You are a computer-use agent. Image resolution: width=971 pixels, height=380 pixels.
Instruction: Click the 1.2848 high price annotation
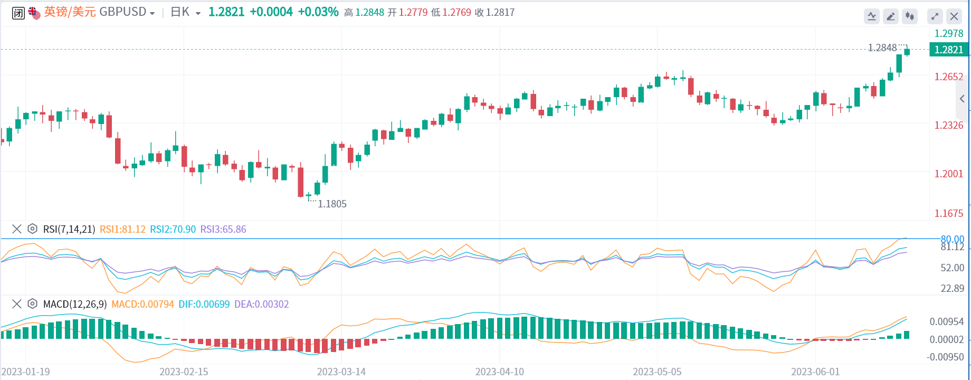(x=882, y=48)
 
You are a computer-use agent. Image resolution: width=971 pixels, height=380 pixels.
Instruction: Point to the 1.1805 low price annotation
(x=332, y=204)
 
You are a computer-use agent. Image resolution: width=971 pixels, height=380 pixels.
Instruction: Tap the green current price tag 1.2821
(x=948, y=50)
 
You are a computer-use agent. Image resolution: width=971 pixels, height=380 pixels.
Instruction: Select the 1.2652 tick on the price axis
(x=948, y=77)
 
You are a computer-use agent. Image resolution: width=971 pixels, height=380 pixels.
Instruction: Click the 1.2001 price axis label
(x=948, y=174)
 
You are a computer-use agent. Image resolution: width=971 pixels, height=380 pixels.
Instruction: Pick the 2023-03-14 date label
(x=341, y=372)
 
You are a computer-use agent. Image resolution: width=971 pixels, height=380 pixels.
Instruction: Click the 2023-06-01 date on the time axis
(x=815, y=372)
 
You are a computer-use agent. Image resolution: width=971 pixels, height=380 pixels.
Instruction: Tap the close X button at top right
(x=954, y=16)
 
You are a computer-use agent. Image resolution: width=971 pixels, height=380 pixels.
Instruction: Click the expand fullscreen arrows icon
(x=935, y=16)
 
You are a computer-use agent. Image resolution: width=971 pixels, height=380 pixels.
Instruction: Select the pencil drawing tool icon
(x=891, y=16)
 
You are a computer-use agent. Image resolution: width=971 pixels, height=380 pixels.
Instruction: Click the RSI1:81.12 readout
(x=122, y=229)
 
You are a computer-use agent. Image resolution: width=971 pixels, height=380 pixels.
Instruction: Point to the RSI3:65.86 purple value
(x=223, y=229)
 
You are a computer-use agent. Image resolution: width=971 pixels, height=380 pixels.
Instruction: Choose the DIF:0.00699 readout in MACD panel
(x=204, y=304)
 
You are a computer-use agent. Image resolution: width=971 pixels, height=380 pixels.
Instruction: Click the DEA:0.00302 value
(x=261, y=304)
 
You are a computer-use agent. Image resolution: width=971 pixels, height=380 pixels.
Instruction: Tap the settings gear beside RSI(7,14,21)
(x=32, y=229)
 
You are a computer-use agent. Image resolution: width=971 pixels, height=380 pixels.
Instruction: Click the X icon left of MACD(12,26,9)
(x=17, y=303)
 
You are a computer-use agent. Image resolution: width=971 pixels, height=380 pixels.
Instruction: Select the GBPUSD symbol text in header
(x=122, y=12)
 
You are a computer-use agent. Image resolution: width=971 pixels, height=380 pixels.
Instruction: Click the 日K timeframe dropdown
(x=185, y=12)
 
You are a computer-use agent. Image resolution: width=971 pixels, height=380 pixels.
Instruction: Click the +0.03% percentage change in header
(x=318, y=12)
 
